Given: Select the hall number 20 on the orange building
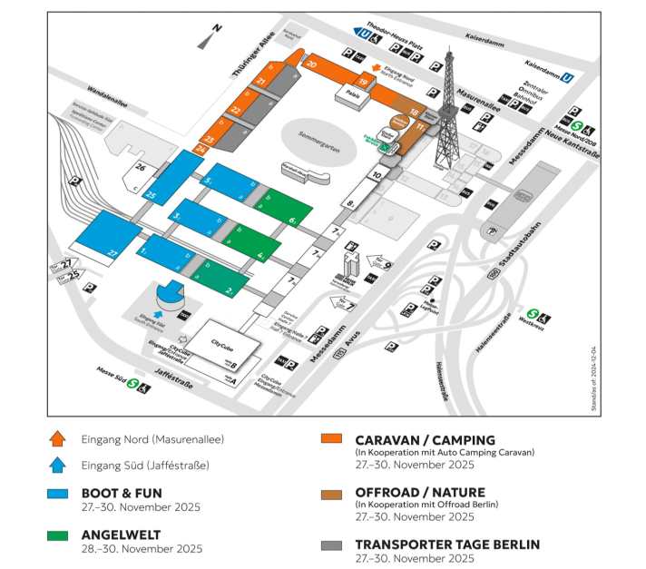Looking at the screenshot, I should coord(311,64).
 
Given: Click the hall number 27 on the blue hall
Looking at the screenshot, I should coord(113,250).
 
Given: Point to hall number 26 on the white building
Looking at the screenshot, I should coord(140,168).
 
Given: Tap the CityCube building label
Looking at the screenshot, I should coord(223,344).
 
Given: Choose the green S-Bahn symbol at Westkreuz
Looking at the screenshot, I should coord(533,315).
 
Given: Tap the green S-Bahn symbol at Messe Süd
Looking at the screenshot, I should coord(132,384).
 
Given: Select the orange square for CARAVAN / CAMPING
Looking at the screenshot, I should coord(331,438).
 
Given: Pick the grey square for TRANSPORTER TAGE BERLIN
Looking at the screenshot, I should coord(331,545).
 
